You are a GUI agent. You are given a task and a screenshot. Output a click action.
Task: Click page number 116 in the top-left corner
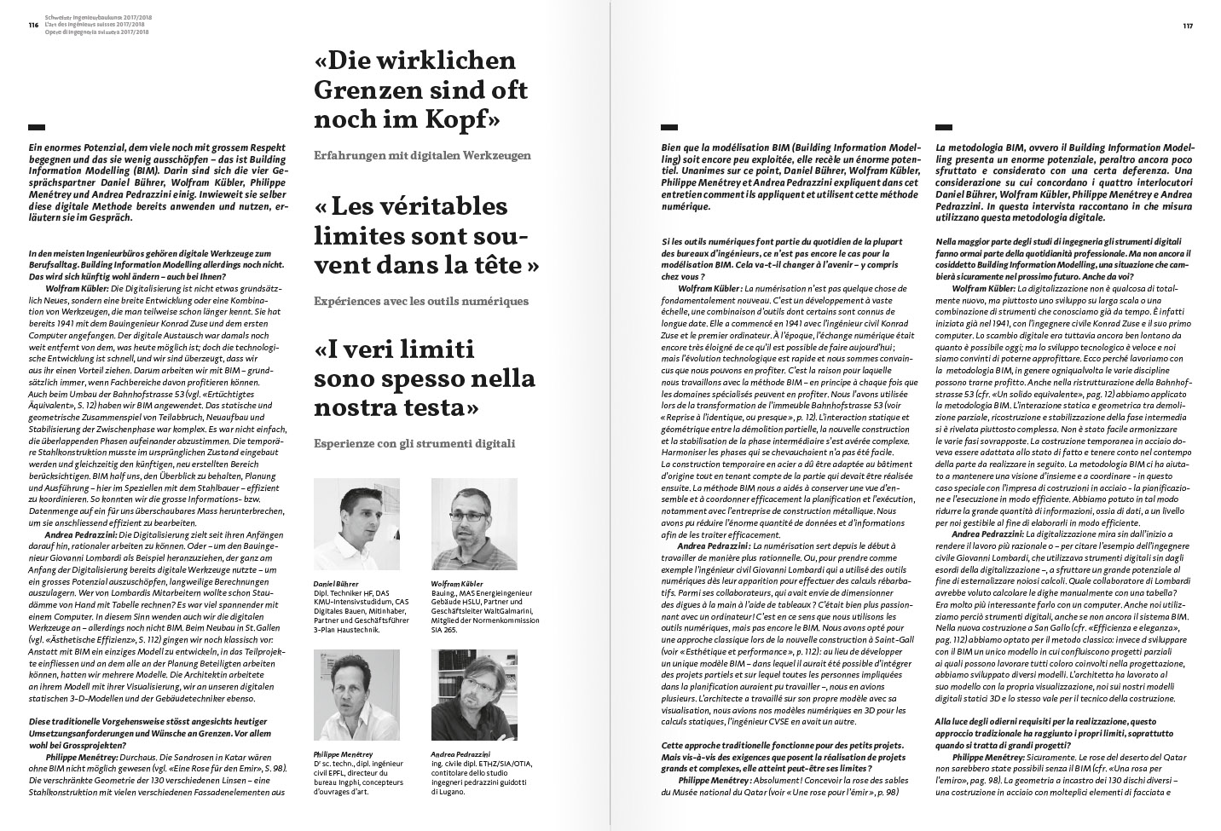pos(33,26)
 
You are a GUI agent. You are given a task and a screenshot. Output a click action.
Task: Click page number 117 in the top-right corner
pos(1187,26)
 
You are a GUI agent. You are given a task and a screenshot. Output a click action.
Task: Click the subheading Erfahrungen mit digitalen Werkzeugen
pos(422,155)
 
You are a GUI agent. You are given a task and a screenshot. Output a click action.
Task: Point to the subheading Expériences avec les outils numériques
pos(421,300)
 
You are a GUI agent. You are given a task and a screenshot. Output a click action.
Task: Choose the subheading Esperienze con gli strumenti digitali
pos(414,443)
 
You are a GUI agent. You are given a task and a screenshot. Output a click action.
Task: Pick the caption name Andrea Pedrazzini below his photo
pos(461,754)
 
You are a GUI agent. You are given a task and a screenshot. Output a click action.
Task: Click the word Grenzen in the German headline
pos(368,90)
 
